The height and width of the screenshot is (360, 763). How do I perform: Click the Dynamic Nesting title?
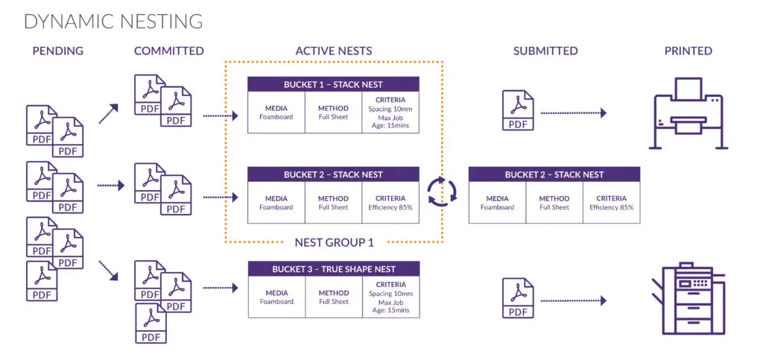(113, 21)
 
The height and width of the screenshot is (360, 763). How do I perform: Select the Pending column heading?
(57, 51)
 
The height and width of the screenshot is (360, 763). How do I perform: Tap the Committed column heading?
(168, 51)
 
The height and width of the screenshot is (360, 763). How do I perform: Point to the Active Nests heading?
(333, 51)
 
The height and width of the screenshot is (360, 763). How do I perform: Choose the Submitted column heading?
(545, 51)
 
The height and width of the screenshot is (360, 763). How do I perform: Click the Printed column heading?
(688, 51)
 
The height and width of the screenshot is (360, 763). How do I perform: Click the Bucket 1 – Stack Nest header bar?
(333, 84)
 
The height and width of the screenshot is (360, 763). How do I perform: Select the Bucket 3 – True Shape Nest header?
(333, 268)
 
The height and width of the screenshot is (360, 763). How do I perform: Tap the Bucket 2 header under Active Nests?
(333, 174)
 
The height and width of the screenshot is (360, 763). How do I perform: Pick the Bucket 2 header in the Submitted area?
(554, 174)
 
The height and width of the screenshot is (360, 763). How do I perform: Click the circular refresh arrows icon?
(441, 191)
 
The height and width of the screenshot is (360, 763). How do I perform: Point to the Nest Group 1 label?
(334, 242)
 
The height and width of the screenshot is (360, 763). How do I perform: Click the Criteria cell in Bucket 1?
(390, 113)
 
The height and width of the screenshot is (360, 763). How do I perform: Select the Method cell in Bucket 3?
(333, 297)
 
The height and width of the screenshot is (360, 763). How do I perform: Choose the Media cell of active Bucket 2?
(276, 203)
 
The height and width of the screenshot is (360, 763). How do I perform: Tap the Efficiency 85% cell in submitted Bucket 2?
(611, 203)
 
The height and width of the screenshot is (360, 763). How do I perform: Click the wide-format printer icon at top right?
(687, 116)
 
